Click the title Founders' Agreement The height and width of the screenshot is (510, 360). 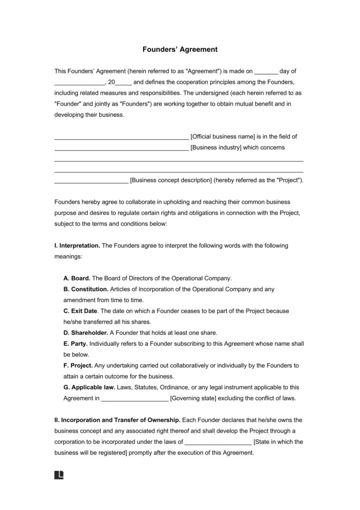coord(180,49)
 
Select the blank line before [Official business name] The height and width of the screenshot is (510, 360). coord(121,138)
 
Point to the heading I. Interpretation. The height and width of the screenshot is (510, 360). coord(77,245)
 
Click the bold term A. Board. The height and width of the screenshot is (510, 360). coord(77,278)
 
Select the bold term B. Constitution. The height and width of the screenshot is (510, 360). coord(86,289)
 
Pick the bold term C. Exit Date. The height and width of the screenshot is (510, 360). coord(81,311)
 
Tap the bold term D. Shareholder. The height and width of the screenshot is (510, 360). coord(86,333)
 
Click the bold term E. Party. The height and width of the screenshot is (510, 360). coord(75,343)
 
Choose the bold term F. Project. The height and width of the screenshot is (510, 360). coord(78,365)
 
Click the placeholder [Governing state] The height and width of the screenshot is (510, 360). coord(193,398)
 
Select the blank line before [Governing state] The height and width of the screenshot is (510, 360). coord(135,400)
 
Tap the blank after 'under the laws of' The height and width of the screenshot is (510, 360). coord(218,443)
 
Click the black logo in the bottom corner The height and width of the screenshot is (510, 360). coord(59,475)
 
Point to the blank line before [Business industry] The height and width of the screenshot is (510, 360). coord(121,149)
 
